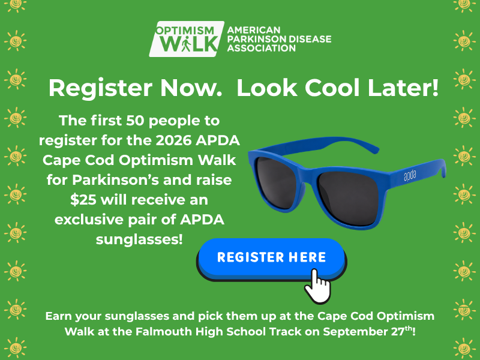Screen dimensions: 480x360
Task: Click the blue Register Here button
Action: (x=272, y=259)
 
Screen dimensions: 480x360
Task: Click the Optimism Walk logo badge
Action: (x=187, y=39)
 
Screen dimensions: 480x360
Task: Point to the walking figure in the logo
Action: (x=186, y=45)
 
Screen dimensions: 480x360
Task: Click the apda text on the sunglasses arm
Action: (x=410, y=175)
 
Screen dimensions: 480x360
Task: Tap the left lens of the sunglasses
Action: (x=277, y=183)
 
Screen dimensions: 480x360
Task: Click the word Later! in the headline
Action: (x=403, y=88)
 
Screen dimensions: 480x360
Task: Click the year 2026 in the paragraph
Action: (x=173, y=140)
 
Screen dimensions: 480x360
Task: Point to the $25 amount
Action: (x=83, y=200)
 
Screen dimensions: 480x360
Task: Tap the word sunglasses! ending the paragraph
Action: (x=139, y=239)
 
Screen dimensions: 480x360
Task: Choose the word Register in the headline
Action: (x=100, y=88)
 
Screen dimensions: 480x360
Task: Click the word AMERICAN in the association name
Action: (x=254, y=30)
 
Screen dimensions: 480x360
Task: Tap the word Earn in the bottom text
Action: (x=58, y=316)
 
